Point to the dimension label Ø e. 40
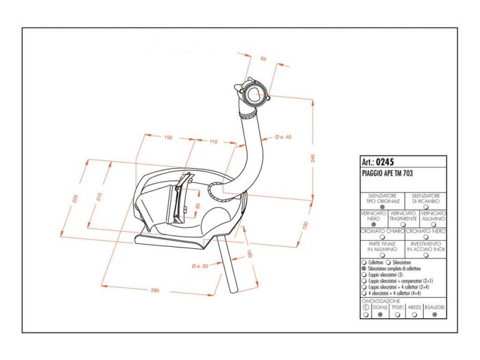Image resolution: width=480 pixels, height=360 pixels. point(283,137)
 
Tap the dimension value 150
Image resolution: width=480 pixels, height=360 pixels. point(168,138)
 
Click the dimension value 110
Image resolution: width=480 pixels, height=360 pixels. point(213,141)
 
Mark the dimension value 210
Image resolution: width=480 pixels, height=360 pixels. point(99,197)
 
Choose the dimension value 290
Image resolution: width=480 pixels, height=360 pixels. point(155,291)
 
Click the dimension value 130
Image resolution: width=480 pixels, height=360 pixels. point(305,226)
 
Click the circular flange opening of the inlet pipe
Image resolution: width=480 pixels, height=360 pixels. point(254,95)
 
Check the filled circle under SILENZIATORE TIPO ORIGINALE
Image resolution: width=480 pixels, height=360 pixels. point(382,206)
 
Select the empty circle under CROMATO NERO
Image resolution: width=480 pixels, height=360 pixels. point(426,237)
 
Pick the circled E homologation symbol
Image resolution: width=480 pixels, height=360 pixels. point(365,308)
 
